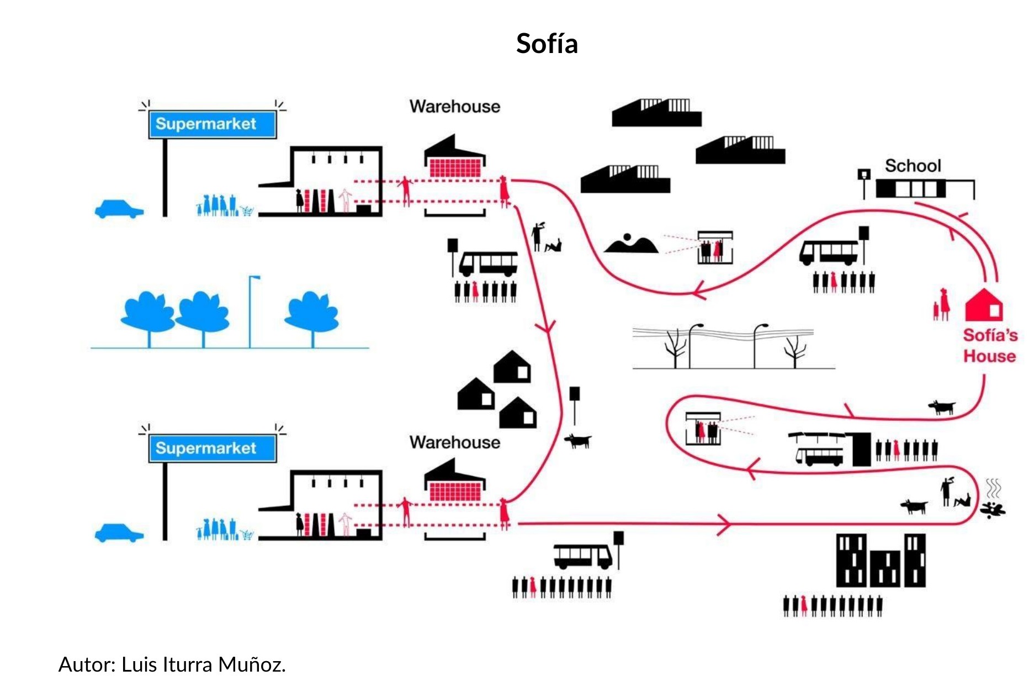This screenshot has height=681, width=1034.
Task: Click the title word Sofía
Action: [x=547, y=44]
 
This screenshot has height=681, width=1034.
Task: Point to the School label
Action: [x=913, y=166]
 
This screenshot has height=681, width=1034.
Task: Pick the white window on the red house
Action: [x=995, y=310]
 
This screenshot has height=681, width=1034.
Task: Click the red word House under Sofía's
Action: [x=989, y=356]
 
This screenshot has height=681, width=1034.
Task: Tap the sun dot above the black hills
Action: [x=627, y=237]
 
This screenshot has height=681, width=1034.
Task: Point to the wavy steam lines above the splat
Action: [x=993, y=488]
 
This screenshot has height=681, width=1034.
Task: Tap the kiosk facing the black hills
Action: [x=715, y=247]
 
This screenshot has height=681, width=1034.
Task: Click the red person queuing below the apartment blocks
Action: [x=804, y=606]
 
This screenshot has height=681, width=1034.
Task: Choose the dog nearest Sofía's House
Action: [x=942, y=408]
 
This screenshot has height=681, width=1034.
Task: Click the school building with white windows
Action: [x=911, y=189]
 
